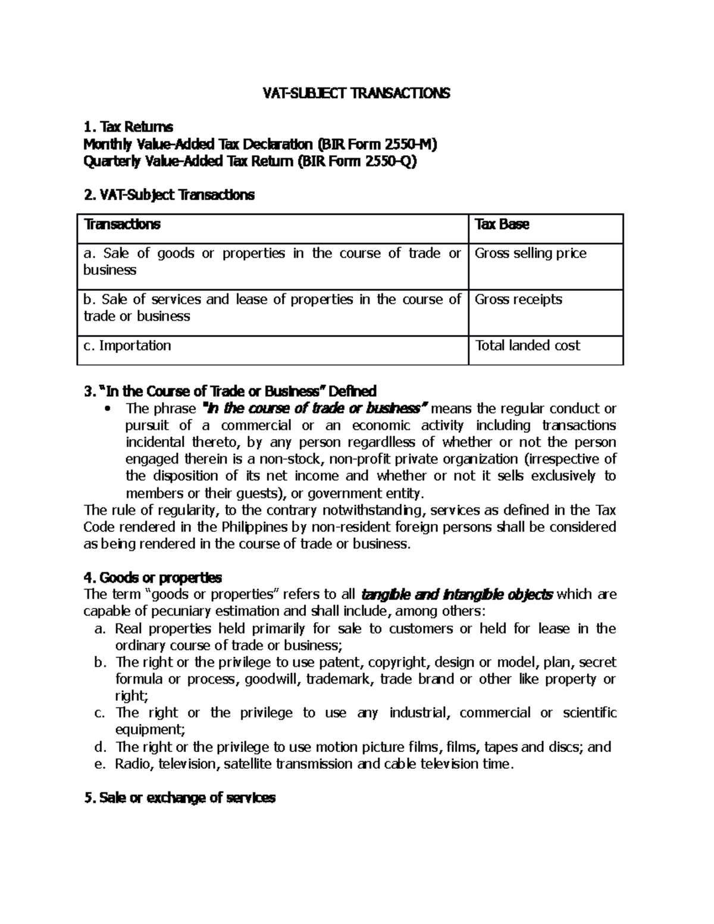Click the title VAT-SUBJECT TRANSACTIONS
tap(357, 93)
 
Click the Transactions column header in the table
tap(122, 224)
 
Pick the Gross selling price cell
tap(530, 253)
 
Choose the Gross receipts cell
tap(518, 299)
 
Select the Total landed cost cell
tap(527, 346)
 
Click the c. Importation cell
tap(127, 346)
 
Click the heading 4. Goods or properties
tap(153, 577)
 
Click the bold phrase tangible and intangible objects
tap(457, 594)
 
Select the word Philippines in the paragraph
tap(252, 527)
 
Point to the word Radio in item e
tap(134, 764)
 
